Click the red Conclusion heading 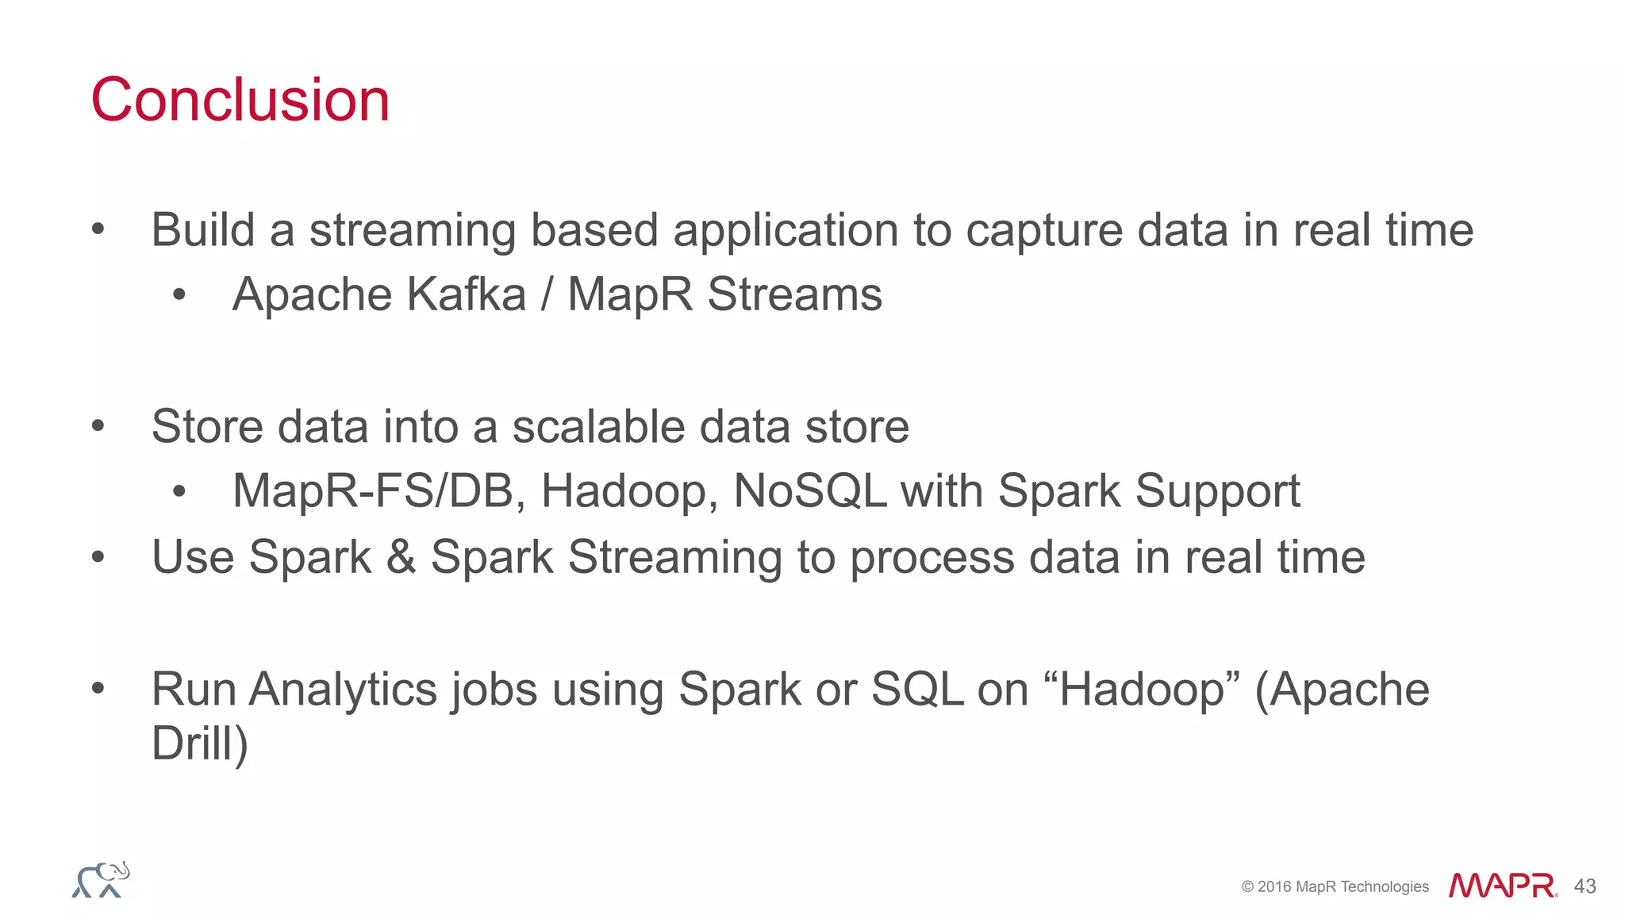point(240,100)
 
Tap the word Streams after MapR point(794,294)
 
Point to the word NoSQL point(809,491)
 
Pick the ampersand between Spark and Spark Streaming point(401,557)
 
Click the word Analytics point(343,689)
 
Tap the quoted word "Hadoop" point(1143,689)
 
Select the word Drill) point(199,744)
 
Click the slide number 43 point(1585,886)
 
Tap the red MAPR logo point(1502,886)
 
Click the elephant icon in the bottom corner point(101,880)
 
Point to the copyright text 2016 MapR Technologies point(1335,887)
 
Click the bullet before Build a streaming point(98,230)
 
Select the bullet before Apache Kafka point(179,295)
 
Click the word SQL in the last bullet point(916,689)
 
